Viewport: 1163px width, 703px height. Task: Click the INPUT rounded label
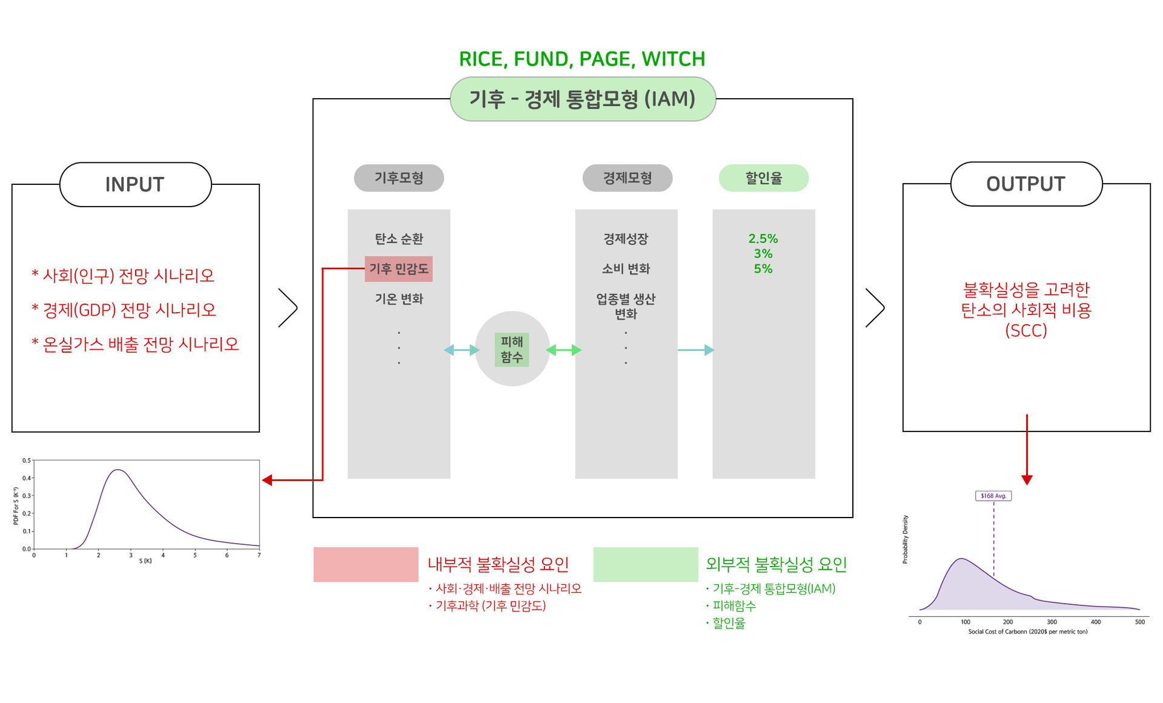135,184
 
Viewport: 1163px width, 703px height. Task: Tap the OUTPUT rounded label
1025,184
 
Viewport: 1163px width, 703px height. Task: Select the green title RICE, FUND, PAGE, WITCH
582,59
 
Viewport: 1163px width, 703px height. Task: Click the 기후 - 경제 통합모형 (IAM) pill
583,99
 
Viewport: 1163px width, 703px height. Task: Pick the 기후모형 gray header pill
399,178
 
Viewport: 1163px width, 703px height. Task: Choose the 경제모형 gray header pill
627,178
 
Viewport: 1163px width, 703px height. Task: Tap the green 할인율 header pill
763,178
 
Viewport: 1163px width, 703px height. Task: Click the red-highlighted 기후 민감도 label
399,269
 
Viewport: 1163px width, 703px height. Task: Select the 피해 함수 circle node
512,349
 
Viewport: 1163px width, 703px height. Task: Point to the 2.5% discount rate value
763,239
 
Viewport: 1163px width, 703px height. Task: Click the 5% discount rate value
763,269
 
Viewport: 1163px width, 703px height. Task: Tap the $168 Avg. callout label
993,496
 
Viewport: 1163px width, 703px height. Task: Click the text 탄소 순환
399,239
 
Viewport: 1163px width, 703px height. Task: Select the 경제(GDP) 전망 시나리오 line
124,310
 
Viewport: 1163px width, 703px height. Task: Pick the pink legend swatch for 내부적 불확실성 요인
365,564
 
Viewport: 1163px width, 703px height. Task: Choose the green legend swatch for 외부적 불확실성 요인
645,564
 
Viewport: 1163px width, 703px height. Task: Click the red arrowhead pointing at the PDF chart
267,480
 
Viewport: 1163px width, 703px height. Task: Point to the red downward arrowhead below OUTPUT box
1027,480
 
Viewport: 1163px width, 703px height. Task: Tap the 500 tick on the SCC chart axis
1139,622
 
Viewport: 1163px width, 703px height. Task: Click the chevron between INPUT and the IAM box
288,308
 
